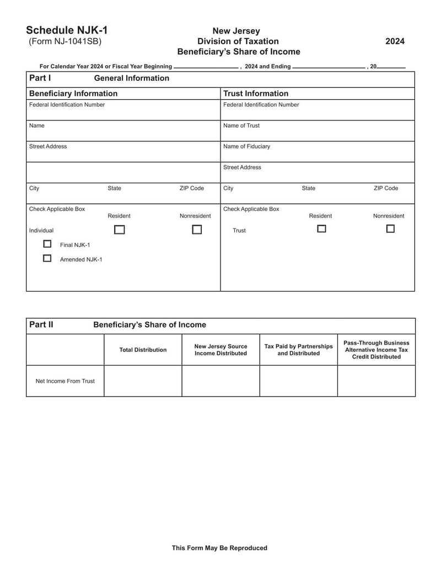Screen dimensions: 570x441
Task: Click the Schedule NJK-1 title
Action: click(67, 30)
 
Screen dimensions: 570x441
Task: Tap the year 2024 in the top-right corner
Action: click(395, 41)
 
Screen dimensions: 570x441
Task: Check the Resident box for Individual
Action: click(119, 230)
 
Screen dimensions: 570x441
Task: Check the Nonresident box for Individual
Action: click(197, 230)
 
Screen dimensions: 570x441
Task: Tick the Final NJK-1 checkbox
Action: click(47, 244)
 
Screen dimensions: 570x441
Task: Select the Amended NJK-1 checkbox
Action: click(47, 258)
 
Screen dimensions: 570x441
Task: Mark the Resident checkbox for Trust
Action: click(321, 229)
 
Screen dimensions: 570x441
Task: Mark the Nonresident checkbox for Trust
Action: click(390, 229)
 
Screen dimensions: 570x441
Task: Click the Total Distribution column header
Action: click(143, 350)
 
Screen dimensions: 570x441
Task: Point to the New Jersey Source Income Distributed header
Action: click(220, 350)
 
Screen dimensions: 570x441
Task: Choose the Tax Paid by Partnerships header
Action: click(298, 350)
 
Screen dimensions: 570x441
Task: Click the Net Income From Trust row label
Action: click(65, 381)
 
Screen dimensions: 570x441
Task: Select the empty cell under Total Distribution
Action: click(143, 381)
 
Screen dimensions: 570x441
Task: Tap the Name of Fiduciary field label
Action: click(246, 146)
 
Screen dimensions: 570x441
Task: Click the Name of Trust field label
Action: click(241, 126)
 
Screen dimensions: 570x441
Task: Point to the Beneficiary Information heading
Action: click(73, 94)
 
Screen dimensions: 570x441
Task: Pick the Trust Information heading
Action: click(255, 94)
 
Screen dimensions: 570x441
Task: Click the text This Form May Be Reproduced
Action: click(219, 548)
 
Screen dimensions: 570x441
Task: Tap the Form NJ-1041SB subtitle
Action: click(65, 41)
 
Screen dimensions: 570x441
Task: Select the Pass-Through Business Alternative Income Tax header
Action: click(377, 350)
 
